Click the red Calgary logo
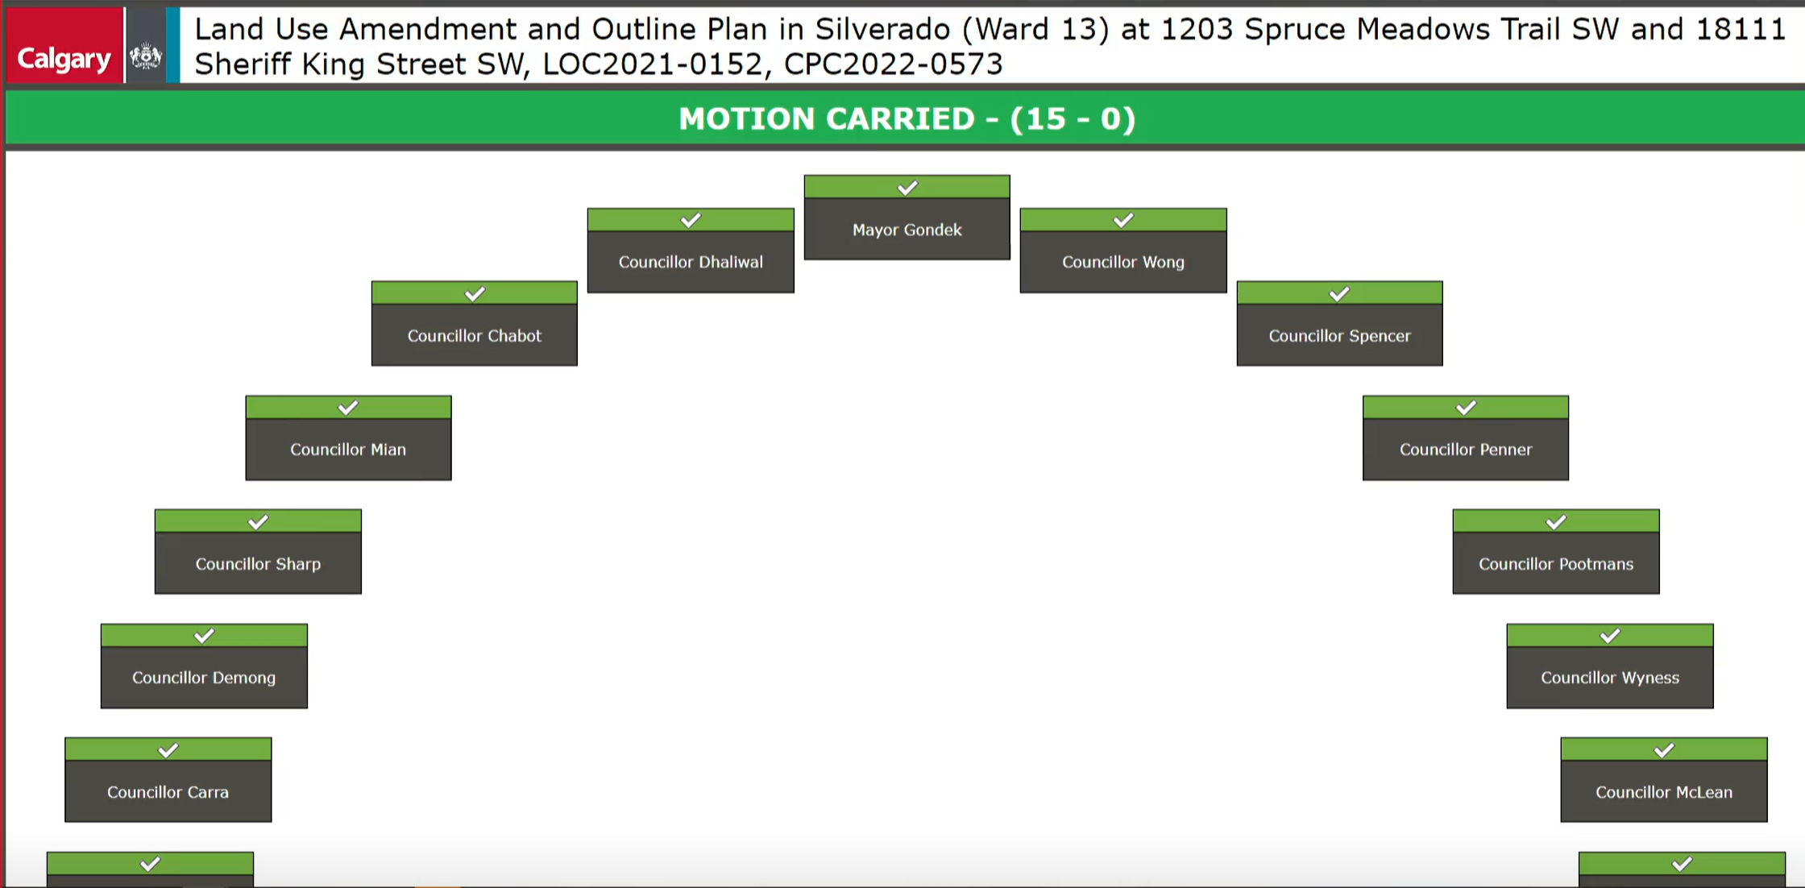pyautogui.click(x=64, y=45)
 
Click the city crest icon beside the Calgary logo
pyautogui.click(x=146, y=57)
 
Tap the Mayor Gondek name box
pyautogui.click(x=907, y=230)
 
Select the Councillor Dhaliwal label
pyautogui.click(x=691, y=262)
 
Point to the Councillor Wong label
pyautogui.click(x=1123, y=262)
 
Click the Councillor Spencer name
pyautogui.click(x=1339, y=335)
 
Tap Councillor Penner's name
pyautogui.click(x=1466, y=450)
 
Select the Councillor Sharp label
pyautogui.click(x=258, y=564)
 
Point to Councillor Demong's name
pyautogui.click(x=204, y=678)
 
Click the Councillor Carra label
pyautogui.click(x=168, y=792)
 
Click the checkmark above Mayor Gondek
pyautogui.click(x=907, y=188)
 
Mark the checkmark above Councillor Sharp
pyautogui.click(x=258, y=522)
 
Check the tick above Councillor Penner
pyautogui.click(x=1466, y=408)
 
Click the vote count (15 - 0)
pyautogui.click(x=1073, y=119)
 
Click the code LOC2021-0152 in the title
pyautogui.click(x=653, y=64)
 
